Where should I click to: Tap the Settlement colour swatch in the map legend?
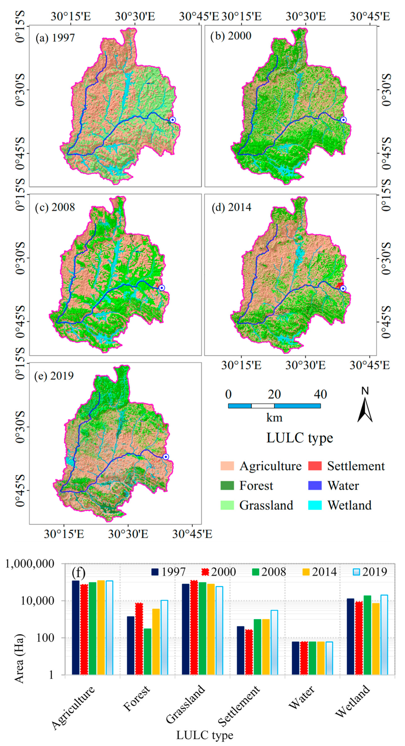(x=315, y=466)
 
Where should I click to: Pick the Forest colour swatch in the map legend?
(x=227, y=486)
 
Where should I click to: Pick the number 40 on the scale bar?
(x=320, y=394)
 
